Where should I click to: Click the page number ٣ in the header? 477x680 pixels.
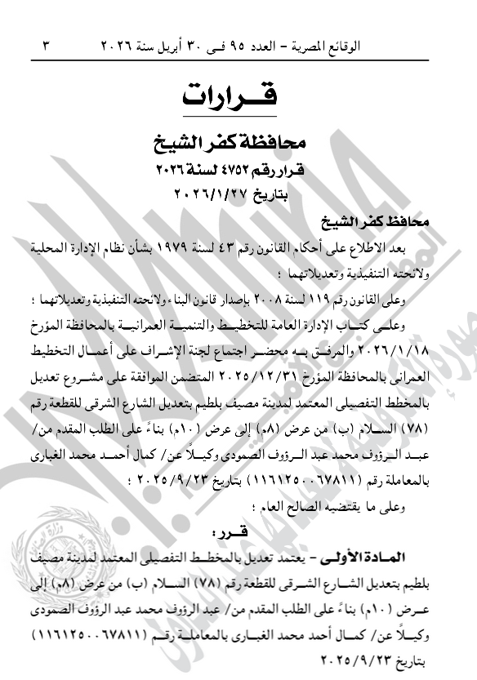[x=45, y=46]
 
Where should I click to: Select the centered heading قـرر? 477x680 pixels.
[x=230, y=532]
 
